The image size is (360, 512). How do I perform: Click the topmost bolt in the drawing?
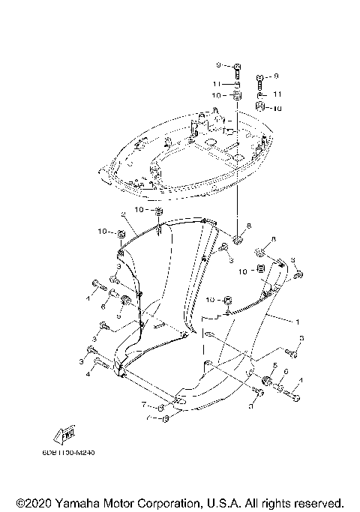tap(238, 71)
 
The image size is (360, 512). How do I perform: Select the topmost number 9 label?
tap(220, 67)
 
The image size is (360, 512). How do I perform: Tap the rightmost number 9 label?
tap(276, 76)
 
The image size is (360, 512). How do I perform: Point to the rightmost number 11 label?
tap(277, 95)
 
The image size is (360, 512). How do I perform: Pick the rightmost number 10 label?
tap(277, 108)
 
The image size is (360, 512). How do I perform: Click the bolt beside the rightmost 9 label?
tap(260, 78)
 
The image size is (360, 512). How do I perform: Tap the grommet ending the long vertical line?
tap(238, 240)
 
